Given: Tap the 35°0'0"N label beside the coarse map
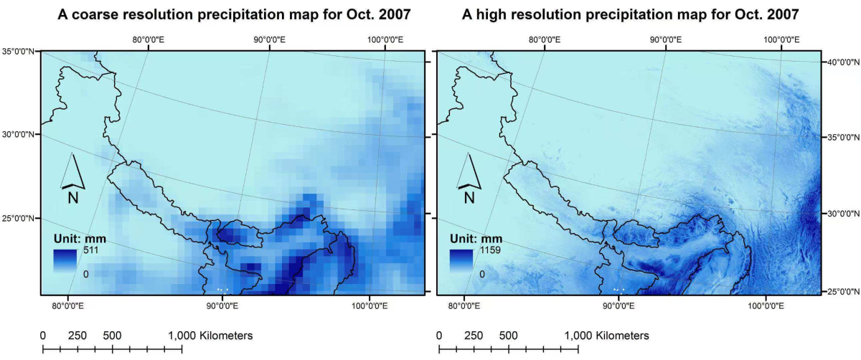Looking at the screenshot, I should point(20,51).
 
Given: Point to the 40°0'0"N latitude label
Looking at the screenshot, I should point(840,62).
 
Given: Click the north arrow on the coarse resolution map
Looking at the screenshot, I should point(73,179).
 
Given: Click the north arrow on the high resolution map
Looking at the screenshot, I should point(471,179).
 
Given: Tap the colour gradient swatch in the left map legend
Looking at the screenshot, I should point(68,261).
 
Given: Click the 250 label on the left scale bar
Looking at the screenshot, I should point(77,336).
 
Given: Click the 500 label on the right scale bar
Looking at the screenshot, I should point(508,336).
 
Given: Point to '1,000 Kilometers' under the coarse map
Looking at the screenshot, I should point(210,336).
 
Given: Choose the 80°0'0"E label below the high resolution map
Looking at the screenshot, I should point(464,305).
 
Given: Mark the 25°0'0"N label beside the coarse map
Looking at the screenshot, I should point(20,218).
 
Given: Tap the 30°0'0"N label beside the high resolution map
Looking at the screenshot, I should point(840,214).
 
